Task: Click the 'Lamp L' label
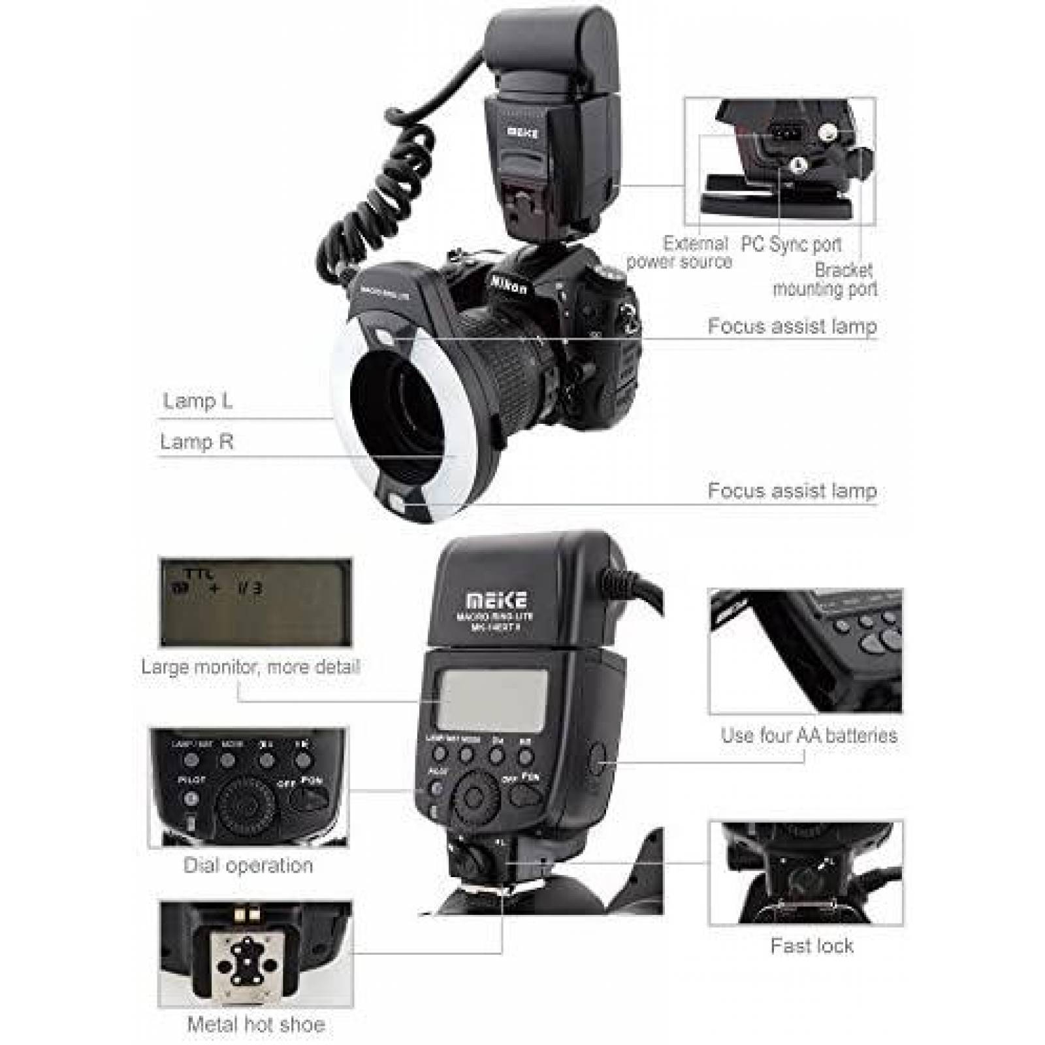pos(197,400)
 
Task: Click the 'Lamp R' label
pos(197,442)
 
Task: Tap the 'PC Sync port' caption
pos(791,244)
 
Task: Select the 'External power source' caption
pos(679,253)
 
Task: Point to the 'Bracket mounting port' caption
pos(826,280)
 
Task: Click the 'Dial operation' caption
pos(248,865)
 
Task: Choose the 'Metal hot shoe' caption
pos(256,1024)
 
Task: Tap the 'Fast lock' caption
pos(812,946)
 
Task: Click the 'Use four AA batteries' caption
pos(809,735)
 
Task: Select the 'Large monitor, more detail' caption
pos(251,667)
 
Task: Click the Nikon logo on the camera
pos(509,283)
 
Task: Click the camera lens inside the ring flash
pos(405,405)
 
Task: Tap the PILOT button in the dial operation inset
pos(191,797)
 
